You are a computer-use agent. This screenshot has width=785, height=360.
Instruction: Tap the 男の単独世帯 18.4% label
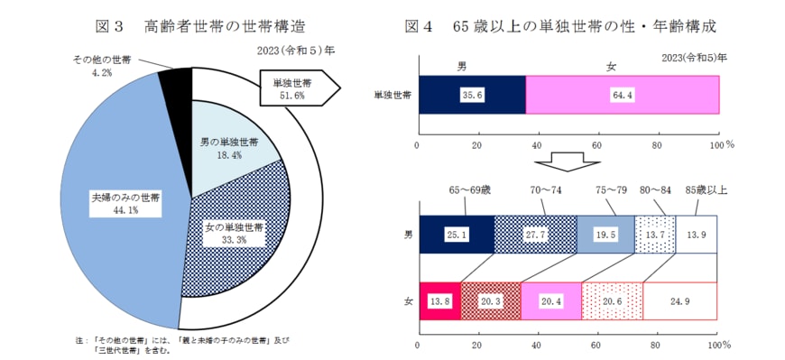pyautogui.click(x=227, y=148)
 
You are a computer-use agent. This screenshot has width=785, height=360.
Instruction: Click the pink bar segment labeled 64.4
pyautogui.click(x=623, y=95)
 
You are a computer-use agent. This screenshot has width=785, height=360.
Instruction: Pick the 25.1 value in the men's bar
pyautogui.click(x=456, y=235)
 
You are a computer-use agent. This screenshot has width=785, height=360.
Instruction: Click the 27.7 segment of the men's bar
pyautogui.click(x=535, y=235)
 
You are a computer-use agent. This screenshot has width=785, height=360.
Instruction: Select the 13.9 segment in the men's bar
pyautogui.click(x=697, y=235)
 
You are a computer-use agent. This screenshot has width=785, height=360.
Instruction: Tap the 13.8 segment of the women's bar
pyautogui.click(x=439, y=300)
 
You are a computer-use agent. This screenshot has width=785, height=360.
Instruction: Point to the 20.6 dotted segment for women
pyautogui.click(x=613, y=300)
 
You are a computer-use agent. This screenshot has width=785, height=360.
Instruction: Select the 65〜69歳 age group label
pyautogui.click(x=470, y=190)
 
